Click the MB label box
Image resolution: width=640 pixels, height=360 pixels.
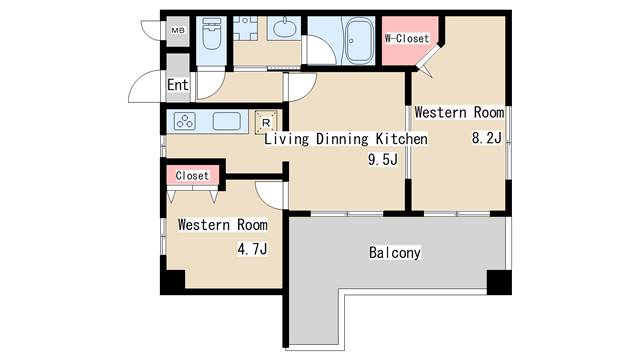pyautogui.click(x=177, y=31)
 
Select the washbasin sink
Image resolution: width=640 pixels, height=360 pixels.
pyautogui.click(x=284, y=28)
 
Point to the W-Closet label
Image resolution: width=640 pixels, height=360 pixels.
pyautogui.click(x=407, y=39)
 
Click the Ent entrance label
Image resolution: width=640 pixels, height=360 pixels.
pyautogui.click(x=177, y=86)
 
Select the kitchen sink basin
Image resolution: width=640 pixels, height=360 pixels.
pyautogui.click(x=227, y=122)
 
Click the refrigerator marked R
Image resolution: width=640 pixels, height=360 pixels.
pyautogui.click(x=266, y=122)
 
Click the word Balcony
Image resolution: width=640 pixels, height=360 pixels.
pyautogui.click(x=394, y=253)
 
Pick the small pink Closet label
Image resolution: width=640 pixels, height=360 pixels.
pyautogui.click(x=192, y=176)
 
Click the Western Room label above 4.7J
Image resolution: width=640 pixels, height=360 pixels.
pyautogui.click(x=222, y=226)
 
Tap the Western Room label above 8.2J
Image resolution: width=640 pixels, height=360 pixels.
pyautogui.click(x=458, y=112)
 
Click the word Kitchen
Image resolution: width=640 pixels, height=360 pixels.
pyautogui.click(x=402, y=140)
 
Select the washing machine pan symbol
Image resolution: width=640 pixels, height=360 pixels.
pyautogui.click(x=246, y=28)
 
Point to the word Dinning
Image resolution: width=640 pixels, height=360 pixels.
pyautogui.click(x=344, y=140)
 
